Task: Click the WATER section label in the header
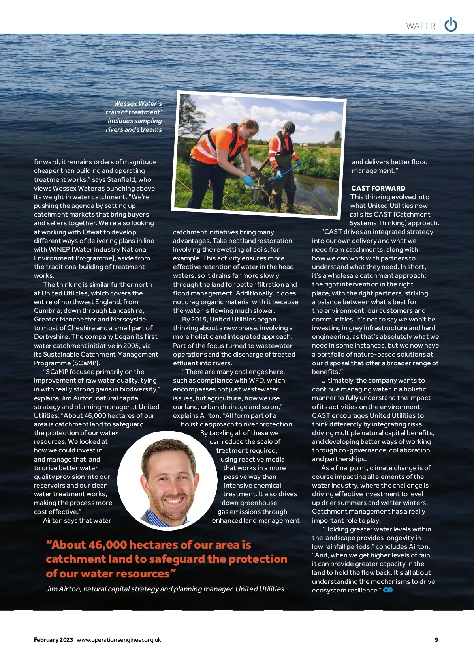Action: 421,26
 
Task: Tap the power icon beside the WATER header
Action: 451,25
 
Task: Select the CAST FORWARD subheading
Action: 378,188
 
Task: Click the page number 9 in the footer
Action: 436,640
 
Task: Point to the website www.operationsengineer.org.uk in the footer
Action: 119,640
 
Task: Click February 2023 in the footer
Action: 53,640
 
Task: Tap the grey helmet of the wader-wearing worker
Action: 290,127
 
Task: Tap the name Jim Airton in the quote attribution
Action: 63,589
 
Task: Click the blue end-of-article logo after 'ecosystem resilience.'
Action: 388,590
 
